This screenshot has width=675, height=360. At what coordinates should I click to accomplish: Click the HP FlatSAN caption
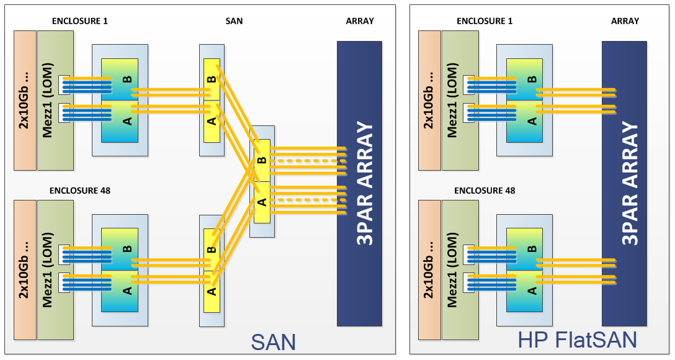coord(578,340)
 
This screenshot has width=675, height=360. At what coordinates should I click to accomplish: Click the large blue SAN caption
coord(273,342)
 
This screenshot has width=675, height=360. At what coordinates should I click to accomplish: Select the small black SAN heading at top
coord(234,20)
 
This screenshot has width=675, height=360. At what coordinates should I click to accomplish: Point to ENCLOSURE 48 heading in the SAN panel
coord(80,191)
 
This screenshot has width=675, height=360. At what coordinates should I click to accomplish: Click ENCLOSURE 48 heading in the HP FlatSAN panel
coord(485,191)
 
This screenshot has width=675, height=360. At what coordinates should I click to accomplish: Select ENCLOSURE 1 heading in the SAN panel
coord(80,20)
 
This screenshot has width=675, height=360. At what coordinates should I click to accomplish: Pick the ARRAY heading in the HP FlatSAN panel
coord(625,20)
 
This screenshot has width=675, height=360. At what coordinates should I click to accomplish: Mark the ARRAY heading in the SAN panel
coord(360,20)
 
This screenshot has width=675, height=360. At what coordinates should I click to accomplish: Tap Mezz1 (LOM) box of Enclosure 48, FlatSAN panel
coord(460,270)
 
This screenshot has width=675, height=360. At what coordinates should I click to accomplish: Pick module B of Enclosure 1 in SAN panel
coord(120,79)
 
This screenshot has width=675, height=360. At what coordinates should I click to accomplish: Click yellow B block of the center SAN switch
coord(261,160)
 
